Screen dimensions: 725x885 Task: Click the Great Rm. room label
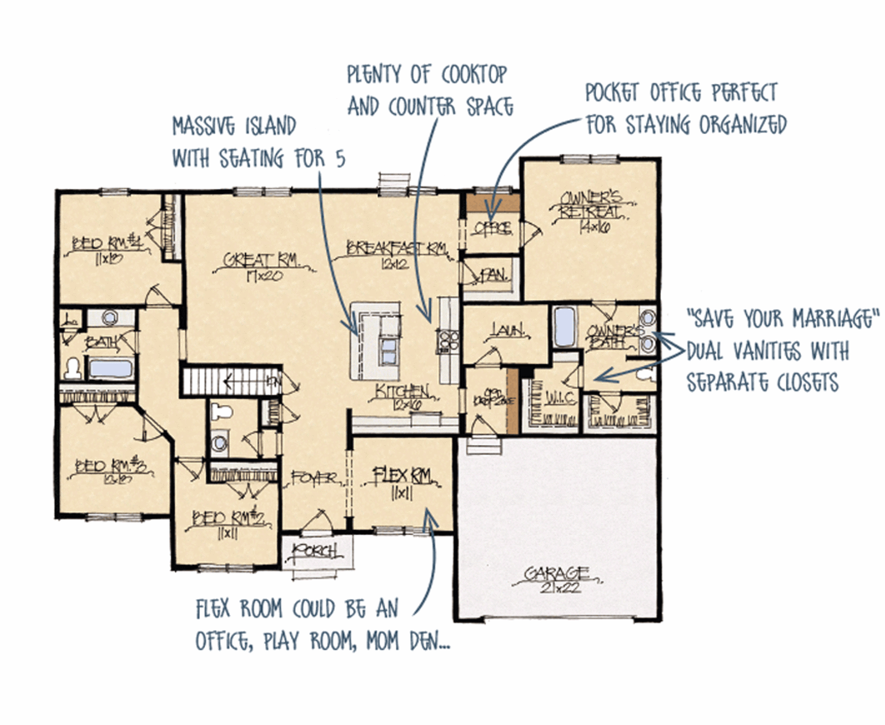coord(261,260)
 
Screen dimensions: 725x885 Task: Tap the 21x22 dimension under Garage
coord(560,587)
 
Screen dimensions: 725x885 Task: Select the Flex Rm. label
coord(401,476)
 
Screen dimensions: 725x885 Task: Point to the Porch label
coord(315,551)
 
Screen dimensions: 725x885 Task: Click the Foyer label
coord(313,478)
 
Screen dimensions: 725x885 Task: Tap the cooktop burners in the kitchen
coord(448,340)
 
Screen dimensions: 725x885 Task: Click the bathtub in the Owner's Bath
coord(564,328)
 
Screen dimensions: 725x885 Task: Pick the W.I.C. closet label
coord(560,397)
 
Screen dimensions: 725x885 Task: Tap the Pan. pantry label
coord(494,275)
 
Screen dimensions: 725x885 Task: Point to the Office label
coord(492,228)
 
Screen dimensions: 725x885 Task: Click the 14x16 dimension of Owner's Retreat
coord(594,226)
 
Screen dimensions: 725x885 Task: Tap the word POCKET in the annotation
coord(611,93)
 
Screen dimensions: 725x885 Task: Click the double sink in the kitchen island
coord(389,351)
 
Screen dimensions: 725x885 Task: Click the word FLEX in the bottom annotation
coord(213,609)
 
